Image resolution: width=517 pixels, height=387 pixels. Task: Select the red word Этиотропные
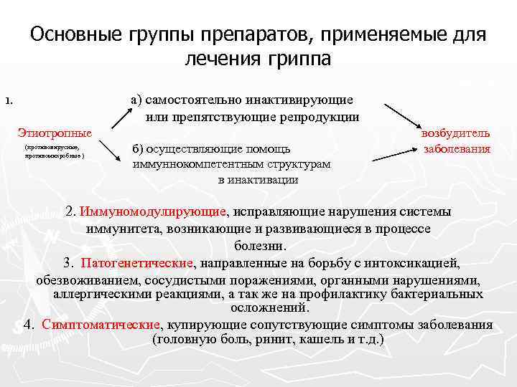[55, 133]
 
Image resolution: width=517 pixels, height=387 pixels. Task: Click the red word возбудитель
[456, 133]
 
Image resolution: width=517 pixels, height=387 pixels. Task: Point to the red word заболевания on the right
[457, 149]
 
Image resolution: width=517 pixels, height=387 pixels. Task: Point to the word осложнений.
[269, 308]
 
